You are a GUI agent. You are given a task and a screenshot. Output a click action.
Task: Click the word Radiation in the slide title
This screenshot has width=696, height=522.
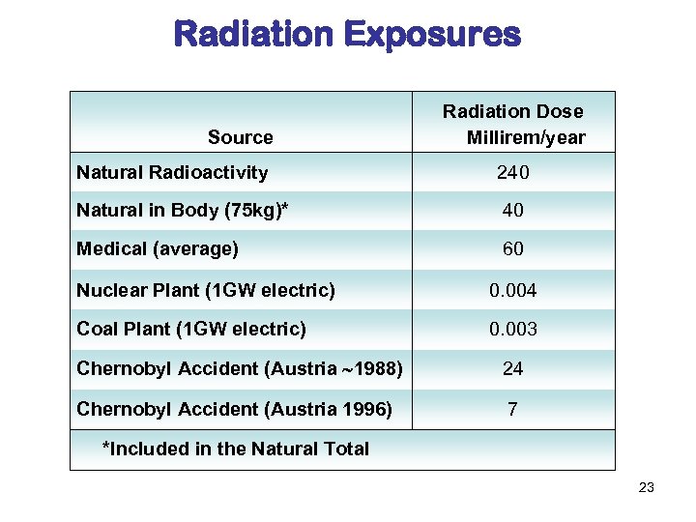253,35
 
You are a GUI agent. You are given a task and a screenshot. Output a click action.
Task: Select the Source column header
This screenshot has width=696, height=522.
240,137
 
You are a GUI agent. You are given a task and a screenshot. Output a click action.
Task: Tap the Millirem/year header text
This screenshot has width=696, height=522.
526,137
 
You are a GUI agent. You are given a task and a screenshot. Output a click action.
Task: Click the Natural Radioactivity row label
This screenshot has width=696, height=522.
172,173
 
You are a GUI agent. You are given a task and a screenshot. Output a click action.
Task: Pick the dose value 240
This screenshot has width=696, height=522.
512,173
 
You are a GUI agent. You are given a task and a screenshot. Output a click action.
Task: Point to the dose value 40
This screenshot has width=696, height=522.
512,210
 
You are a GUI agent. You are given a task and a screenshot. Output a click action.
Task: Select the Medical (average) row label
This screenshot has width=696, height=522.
157,248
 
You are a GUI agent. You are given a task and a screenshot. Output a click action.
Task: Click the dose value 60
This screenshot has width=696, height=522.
512,248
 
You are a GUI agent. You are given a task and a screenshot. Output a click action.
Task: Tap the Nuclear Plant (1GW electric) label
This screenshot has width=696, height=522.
206,290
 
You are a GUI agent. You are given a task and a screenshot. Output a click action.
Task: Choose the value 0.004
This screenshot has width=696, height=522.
512,290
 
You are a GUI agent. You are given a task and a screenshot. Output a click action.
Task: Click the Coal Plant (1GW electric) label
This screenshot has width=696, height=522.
191,329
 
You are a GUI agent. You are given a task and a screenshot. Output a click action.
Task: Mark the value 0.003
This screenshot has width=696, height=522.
512,329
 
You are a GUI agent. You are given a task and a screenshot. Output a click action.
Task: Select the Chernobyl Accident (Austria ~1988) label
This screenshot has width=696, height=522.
240,368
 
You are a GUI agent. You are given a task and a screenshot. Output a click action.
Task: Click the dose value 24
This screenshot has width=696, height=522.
512,368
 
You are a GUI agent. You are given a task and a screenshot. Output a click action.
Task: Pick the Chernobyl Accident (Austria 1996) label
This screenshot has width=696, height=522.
234,409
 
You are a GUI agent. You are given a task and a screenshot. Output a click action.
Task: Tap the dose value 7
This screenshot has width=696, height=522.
512,409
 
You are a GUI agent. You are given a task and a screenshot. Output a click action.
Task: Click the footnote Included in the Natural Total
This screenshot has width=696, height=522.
236,449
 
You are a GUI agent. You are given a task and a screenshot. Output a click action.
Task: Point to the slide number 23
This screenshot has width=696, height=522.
647,487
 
